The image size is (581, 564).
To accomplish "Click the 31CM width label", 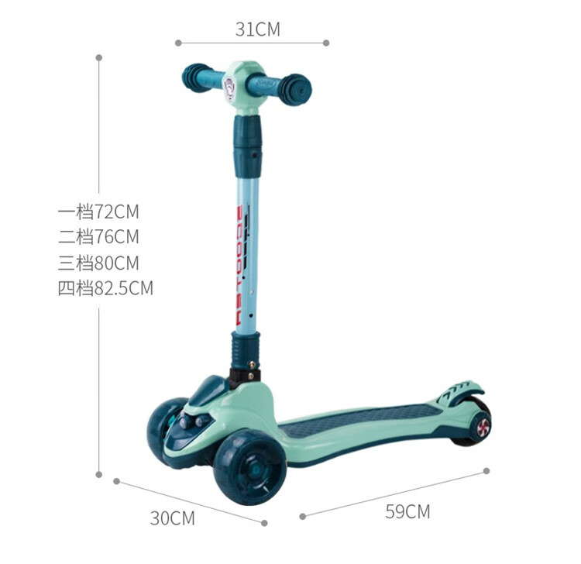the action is [258, 29].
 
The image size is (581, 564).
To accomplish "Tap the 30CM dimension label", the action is [172, 518].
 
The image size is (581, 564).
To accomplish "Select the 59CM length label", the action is [407, 512].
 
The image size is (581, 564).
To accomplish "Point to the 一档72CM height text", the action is [98, 212].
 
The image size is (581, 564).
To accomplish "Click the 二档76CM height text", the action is [98, 237].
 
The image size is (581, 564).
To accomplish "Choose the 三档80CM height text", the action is [98, 263].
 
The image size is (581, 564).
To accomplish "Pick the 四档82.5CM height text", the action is [105, 288].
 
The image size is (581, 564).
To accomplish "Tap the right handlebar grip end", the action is [295, 90].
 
